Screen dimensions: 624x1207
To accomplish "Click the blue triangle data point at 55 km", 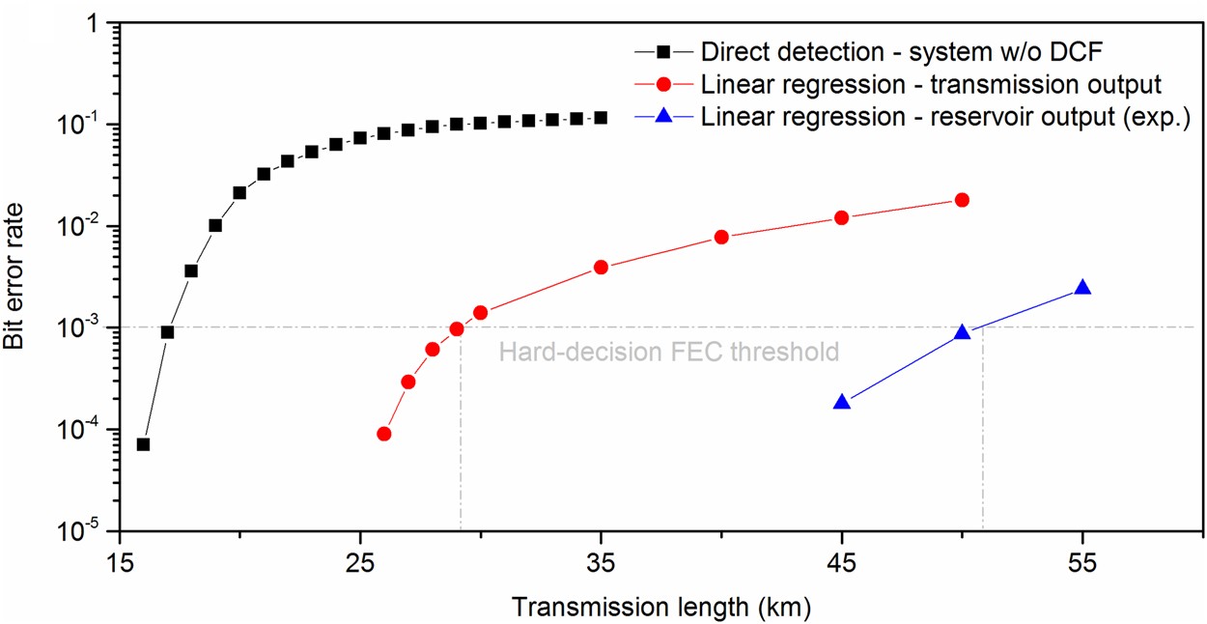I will (1082, 287).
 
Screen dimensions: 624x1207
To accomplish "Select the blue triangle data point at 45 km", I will (842, 402).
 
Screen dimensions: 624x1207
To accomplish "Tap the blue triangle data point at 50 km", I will (962, 332).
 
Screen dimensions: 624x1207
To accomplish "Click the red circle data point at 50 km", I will (962, 200).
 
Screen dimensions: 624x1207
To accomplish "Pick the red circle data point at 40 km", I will (721, 237).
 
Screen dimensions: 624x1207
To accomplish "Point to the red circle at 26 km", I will (383, 434).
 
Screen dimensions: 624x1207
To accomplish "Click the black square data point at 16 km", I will (143, 444).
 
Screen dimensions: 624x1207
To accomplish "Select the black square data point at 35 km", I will (601, 118).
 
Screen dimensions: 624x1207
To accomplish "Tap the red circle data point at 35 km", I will (601, 267).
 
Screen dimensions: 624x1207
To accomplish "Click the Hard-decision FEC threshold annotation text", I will (668, 352).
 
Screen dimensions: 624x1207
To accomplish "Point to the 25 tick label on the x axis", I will (360, 561).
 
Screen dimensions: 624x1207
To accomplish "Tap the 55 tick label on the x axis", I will (1082, 561).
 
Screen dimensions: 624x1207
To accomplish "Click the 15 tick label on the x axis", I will (119, 561).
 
